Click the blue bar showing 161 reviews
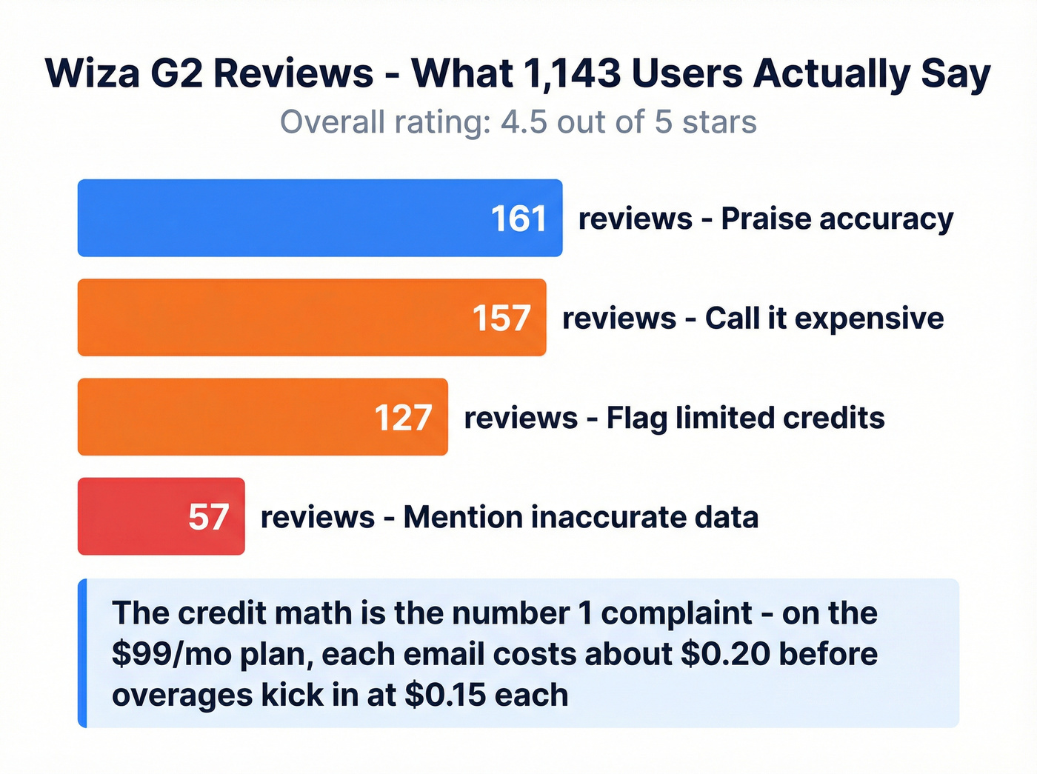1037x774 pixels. pos(281,218)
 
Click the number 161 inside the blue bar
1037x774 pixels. pos(518,219)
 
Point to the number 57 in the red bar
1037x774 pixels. pos(208,517)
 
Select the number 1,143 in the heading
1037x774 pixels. pos(572,73)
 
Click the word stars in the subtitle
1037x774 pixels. pos(719,122)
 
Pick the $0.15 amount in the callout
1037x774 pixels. pos(445,695)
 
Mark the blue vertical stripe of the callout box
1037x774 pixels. pos(82,653)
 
